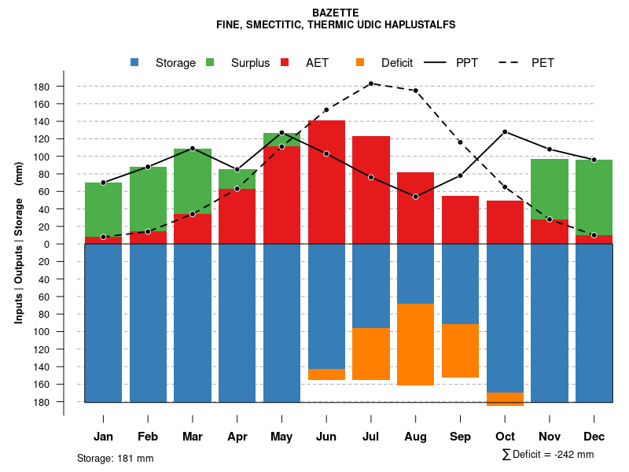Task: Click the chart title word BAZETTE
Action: click(336, 13)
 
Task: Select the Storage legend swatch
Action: click(136, 62)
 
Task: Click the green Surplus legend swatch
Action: click(211, 62)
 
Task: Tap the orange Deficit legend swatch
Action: click(361, 62)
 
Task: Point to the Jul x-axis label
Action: click(371, 437)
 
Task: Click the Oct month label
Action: click(505, 437)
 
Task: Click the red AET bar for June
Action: click(326, 182)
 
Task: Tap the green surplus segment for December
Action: click(594, 197)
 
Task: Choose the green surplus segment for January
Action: click(103, 209)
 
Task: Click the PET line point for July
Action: click(371, 83)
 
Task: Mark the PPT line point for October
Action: click(505, 131)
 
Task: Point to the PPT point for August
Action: click(416, 196)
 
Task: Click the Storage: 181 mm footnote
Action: click(116, 459)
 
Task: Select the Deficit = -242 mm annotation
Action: click(548, 455)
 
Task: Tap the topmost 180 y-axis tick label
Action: click(42, 87)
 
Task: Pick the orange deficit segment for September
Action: click(461, 351)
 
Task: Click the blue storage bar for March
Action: click(193, 323)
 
